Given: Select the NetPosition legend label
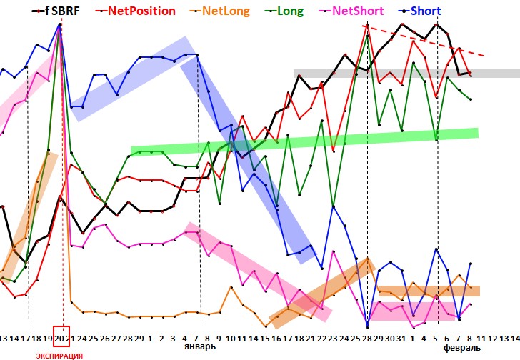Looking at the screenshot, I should (x=144, y=11).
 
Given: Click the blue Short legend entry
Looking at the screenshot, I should (x=425, y=11).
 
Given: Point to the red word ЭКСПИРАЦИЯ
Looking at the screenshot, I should (x=59, y=355).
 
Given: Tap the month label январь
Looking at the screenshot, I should (x=199, y=347).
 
